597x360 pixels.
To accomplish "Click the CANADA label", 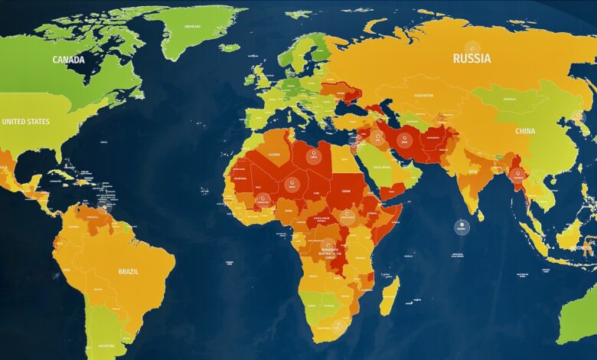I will click(x=68, y=60).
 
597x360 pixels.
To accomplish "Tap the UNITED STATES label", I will click(x=25, y=122).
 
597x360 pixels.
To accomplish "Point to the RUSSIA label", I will click(x=472, y=58).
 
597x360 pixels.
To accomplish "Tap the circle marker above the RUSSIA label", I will click(x=472, y=47).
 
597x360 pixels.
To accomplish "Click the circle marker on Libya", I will click(x=312, y=156).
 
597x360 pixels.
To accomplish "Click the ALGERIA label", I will click(x=274, y=155).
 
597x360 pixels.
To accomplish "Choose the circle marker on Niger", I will click(x=291, y=184).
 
